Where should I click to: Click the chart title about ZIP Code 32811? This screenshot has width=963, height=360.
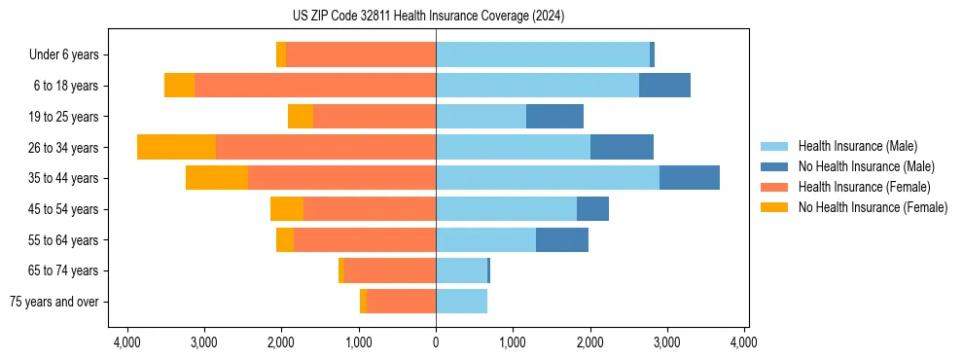(x=428, y=17)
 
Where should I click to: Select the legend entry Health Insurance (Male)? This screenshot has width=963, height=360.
(x=857, y=146)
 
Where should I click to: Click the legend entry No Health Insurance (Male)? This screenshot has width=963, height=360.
(x=866, y=166)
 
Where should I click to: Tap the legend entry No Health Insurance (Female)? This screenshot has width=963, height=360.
(x=873, y=207)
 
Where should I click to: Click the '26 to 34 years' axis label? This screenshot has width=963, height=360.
(x=65, y=148)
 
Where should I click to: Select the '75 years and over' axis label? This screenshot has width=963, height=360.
(x=54, y=302)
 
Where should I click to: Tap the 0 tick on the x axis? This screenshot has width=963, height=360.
(x=436, y=342)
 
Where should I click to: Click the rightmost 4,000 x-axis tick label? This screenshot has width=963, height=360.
(x=744, y=342)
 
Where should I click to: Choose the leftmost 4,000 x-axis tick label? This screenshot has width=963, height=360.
(x=127, y=342)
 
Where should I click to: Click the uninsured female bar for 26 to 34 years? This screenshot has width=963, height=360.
(x=176, y=147)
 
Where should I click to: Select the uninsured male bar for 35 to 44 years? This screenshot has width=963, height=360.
(x=690, y=178)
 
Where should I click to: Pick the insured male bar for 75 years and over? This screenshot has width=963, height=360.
(x=461, y=302)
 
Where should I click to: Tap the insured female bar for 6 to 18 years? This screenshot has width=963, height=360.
(x=315, y=86)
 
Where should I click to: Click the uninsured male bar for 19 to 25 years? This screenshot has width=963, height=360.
(x=554, y=117)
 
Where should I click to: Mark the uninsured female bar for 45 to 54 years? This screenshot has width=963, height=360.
(x=287, y=209)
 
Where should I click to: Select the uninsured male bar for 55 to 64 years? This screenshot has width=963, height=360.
(x=562, y=239)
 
